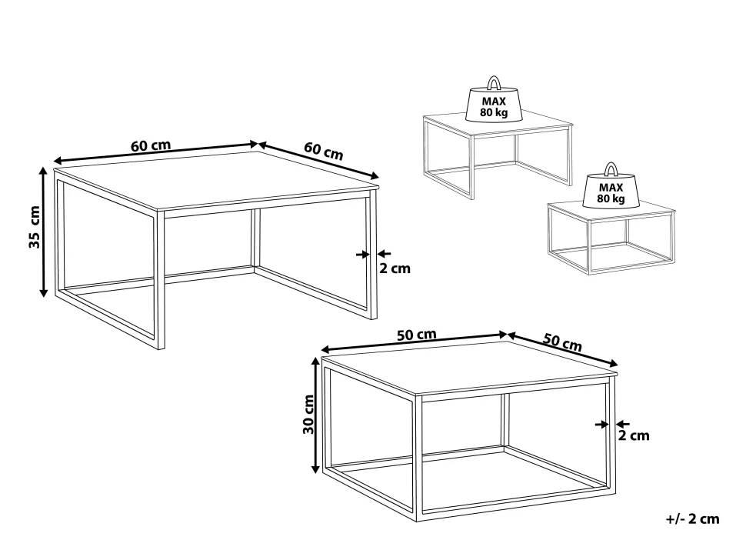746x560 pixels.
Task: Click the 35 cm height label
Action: (x=35, y=227)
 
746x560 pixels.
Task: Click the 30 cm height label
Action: (x=308, y=414)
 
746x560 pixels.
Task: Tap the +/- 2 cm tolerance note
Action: (x=692, y=518)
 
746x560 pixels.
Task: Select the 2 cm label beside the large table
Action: (x=395, y=268)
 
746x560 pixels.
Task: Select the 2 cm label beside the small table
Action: (x=634, y=435)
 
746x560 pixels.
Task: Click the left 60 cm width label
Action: (x=150, y=145)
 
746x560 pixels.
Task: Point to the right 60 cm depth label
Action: (x=324, y=152)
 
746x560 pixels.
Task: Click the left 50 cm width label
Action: (x=416, y=335)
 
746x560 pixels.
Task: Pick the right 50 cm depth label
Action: (x=562, y=342)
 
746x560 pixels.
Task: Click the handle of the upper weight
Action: (x=495, y=82)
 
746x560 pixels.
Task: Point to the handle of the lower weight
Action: (x=611, y=169)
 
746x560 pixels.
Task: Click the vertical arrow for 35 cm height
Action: (x=43, y=232)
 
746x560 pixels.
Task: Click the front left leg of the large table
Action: (x=160, y=280)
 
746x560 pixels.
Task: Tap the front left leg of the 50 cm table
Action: (x=418, y=458)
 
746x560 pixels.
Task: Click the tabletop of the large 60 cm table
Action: (x=216, y=180)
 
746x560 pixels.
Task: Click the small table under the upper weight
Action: (x=497, y=155)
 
